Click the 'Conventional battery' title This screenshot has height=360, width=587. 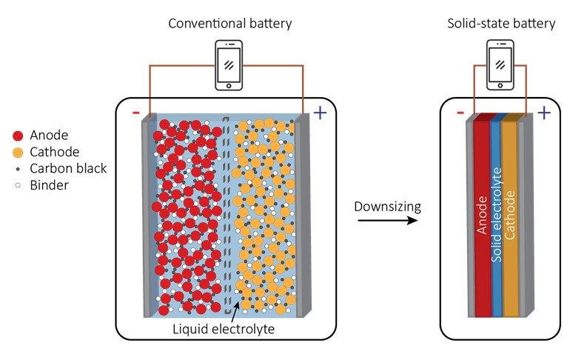[x=230, y=24]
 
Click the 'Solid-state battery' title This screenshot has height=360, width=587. [x=501, y=24]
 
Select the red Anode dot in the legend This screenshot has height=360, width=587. [x=17, y=136]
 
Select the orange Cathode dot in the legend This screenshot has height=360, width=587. [x=17, y=152]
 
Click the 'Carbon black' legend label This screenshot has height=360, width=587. [x=68, y=168]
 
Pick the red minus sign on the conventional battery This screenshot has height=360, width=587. [x=135, y=113]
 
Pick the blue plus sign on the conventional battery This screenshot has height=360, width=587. [x=320, y=113]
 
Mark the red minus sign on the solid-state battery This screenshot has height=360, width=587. [x=460, y=113]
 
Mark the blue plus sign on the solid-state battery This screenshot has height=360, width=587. [x=544, y=113]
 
